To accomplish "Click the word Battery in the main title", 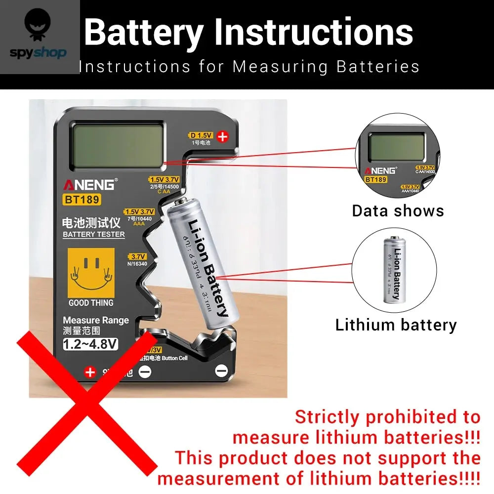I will [x=143, y=32].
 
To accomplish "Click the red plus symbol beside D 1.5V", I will [x=223, y=136].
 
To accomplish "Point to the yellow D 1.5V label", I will [x=201, y=135].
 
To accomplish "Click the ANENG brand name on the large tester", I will [x=89, y=185].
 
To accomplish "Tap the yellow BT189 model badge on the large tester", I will [x=82, y=200].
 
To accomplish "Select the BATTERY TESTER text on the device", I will [x=94, y=234].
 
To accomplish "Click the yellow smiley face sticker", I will [x=91, y=273].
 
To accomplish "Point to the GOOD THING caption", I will [x=91, y=303].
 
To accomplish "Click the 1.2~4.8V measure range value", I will [x=91, y=344].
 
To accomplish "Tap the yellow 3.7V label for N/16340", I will [x=138, y=257].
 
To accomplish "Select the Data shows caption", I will [x=398, y=211].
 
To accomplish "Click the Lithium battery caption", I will [x=396, y=325].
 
